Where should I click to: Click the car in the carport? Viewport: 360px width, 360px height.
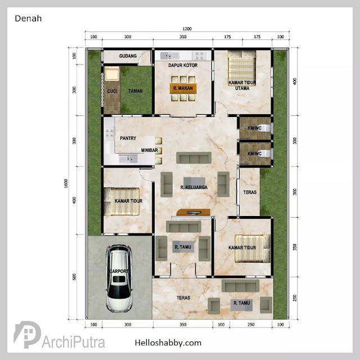[119, 278]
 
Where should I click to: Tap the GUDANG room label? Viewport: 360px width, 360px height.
[128, 56]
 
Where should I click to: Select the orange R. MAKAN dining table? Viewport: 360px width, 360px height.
[183, 88]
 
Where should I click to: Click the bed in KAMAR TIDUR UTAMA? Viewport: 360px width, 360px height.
[242, 68]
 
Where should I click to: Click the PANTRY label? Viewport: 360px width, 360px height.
[128, 138]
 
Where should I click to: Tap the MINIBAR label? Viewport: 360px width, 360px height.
[150, 150]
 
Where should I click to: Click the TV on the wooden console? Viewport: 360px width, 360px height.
[193, 213]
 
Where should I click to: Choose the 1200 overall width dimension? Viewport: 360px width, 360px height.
[187, 29]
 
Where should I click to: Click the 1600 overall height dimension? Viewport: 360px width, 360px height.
[66, 183]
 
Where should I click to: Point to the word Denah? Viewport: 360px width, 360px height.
[28, 19]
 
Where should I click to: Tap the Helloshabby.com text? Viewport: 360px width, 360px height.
[168, 343]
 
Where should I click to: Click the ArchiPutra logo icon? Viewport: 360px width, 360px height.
[27, 334]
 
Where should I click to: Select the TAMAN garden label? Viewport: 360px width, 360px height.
[136, 91]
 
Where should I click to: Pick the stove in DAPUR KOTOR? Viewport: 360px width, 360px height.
[199, 56]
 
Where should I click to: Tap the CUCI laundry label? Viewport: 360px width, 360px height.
[112, 91]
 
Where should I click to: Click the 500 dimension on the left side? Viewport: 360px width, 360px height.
[74, 277]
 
